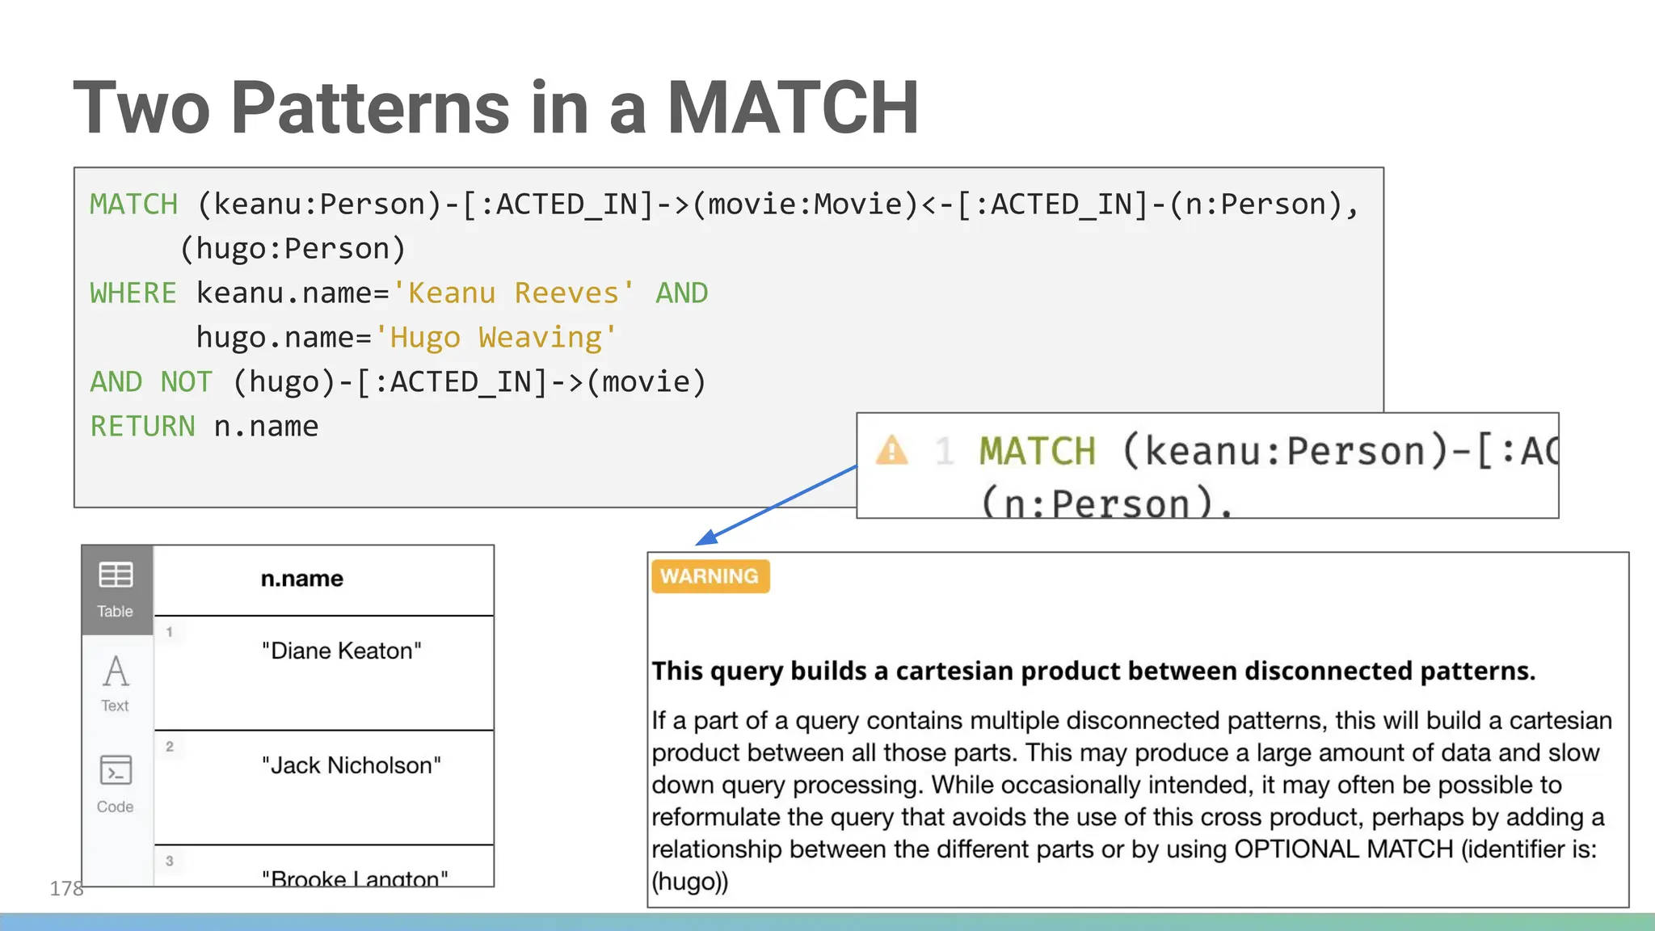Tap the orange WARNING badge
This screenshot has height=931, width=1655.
point(710,576)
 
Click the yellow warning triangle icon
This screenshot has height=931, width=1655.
point(892,450)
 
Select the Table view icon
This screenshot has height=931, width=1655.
point(116,575)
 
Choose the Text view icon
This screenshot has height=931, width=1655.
point(116,672)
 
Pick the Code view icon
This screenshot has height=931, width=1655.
point(116,771)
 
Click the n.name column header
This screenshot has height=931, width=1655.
point(301,579)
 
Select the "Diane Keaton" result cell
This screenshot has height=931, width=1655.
point(341,651)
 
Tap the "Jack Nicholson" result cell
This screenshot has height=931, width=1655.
point(351,765)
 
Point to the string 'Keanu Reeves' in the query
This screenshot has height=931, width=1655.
point(513,293)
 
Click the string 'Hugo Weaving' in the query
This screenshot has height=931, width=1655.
point(495,338)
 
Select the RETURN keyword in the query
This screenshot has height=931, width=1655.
point(142,427)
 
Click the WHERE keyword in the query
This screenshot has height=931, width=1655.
point(133,293)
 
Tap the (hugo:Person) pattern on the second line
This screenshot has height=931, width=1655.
point(293,249)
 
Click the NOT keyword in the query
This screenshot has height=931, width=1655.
point(187,382)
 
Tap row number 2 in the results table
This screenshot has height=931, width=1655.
point(170,747)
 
